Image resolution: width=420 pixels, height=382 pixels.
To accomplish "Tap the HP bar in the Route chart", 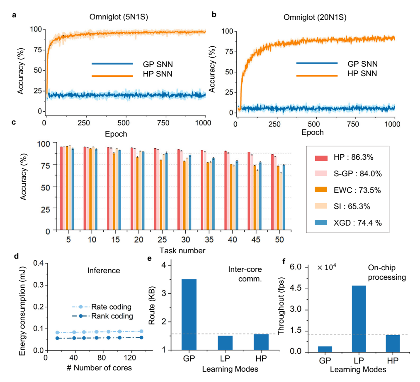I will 261,342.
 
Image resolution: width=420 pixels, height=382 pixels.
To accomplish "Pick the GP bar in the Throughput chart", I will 325,349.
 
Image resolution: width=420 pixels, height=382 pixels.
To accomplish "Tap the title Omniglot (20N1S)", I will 315,18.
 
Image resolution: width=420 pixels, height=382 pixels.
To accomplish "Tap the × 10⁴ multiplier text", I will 328,268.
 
